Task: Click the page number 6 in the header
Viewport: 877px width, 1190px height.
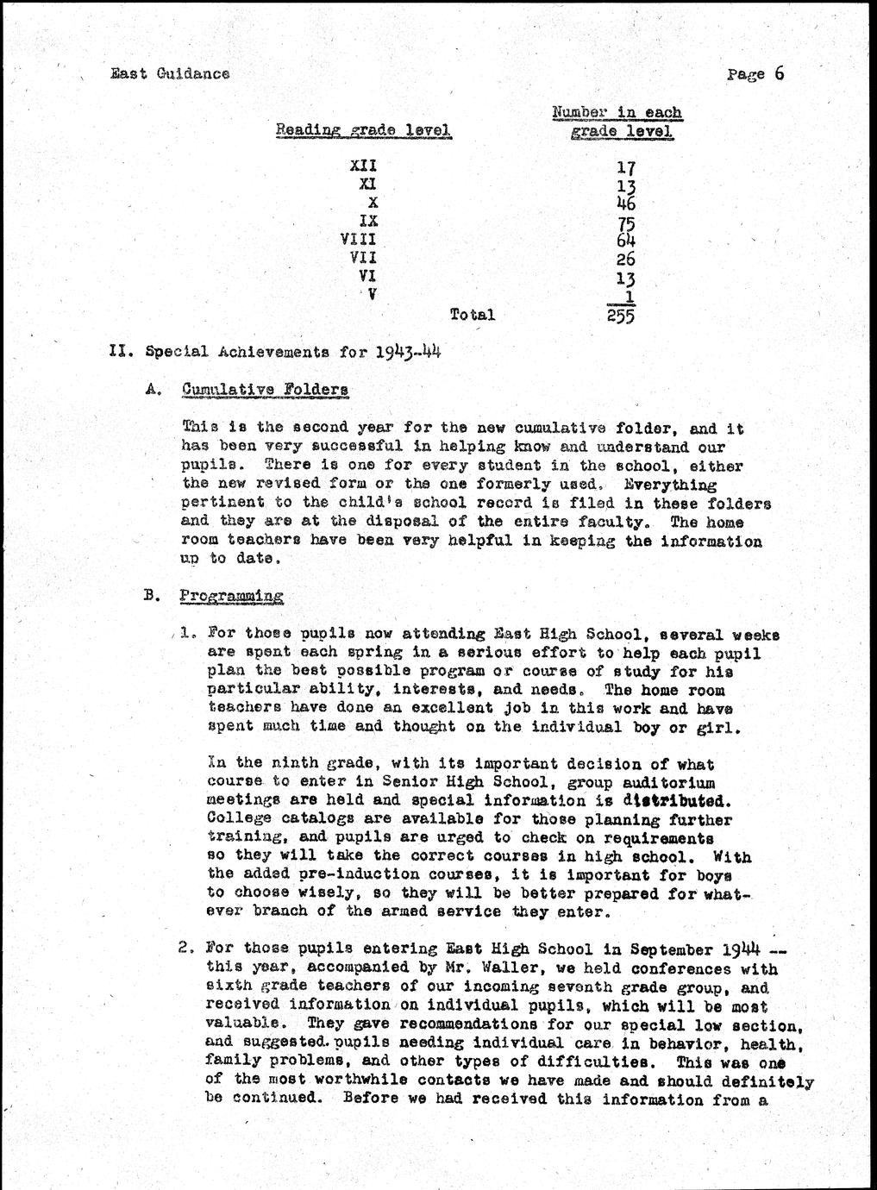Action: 779,72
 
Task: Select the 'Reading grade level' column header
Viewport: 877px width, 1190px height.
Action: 363,130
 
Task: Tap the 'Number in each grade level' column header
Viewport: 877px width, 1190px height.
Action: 617,122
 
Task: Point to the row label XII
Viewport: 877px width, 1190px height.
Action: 364,166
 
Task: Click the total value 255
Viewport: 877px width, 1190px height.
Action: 619,316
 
